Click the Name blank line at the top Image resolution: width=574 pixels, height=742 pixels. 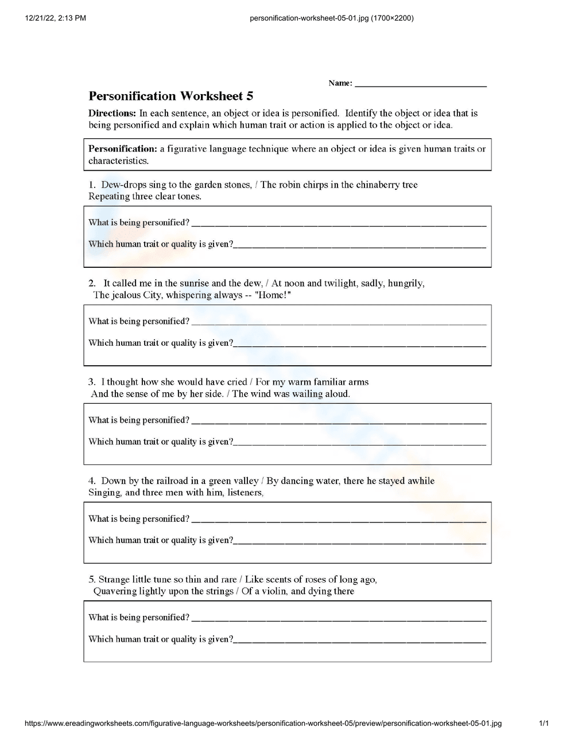pyautogui.click(x=420, y=84)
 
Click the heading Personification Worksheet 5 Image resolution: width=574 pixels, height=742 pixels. pyautogui.click(x=170, y=96)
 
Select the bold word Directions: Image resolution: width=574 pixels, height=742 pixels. pyautogui.click(x=112, y=113)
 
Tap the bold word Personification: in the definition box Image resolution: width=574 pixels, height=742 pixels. pyautogui.click(x=122, y=149)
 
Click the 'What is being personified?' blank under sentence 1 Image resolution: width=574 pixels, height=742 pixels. pyautogui.click(x=339, y=223)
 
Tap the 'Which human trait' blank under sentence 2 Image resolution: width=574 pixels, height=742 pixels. pyautogui.click(x=360, y=343)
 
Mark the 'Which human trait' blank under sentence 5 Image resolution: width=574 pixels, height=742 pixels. pyautogui.click(x=360, y=640)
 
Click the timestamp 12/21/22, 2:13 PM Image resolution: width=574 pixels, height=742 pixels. pyautogui.click(x=56, y=18)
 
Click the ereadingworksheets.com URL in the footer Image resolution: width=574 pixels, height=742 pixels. pyautogui.click(x=263, y=723)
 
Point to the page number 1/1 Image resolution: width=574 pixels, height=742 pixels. pyautogui.click(x=544, y=723)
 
